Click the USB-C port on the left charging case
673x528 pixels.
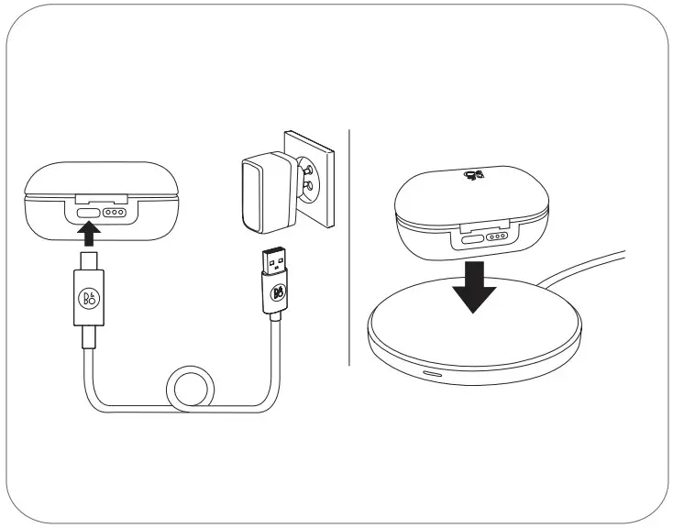coord(89,212)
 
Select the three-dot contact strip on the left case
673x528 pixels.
coord(115,212)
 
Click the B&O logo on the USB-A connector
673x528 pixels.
coord(279,294)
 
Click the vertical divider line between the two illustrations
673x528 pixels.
coord(349,247)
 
